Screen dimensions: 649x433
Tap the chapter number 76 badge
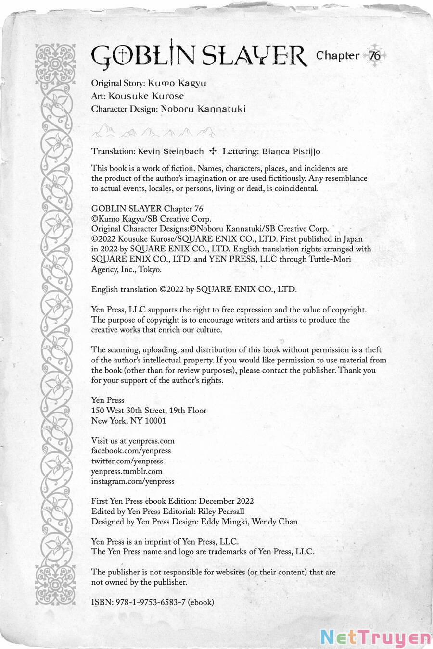point(375,56)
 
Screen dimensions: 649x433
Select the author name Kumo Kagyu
point(177,83)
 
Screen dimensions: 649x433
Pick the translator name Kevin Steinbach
point(170,151)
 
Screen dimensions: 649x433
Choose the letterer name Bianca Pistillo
point(291,151)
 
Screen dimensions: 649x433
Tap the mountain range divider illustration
point(153,131)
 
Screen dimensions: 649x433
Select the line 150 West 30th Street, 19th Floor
point(149,411)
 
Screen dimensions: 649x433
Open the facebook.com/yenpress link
point(131,451)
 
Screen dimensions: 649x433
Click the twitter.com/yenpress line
point(127,461)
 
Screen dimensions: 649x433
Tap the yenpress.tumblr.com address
point(127,471)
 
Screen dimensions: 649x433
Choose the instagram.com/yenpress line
point(133,481)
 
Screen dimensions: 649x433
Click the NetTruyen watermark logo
point(375,637)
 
